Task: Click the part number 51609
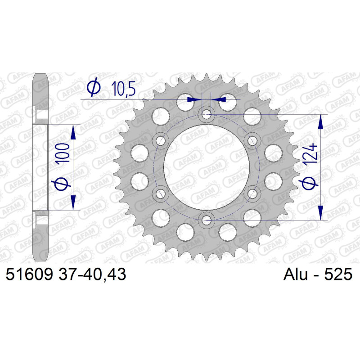29,274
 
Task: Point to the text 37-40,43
92,274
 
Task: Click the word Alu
296,274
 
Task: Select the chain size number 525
338,274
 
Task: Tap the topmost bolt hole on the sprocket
206,114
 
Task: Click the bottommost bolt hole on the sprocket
206,220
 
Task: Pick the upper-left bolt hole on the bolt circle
160,140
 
